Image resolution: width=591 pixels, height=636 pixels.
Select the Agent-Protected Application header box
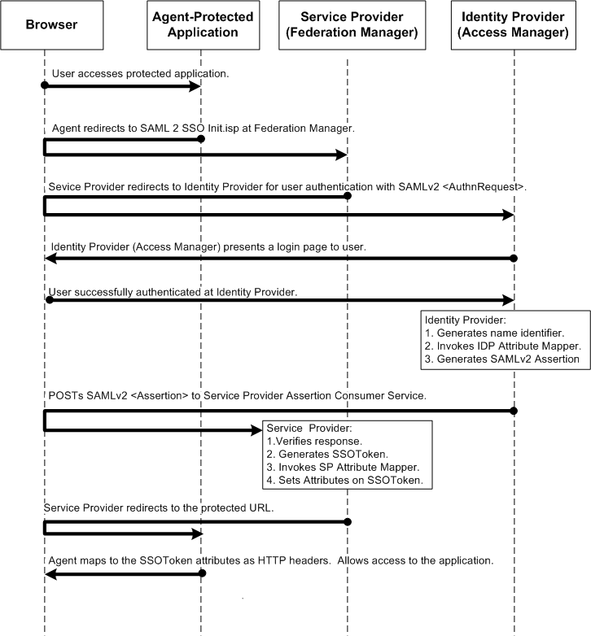tap(200, 24)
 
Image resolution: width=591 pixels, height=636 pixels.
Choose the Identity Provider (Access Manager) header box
tap(514, 24)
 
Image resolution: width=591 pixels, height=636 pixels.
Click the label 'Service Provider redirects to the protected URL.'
tap(158, 507)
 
